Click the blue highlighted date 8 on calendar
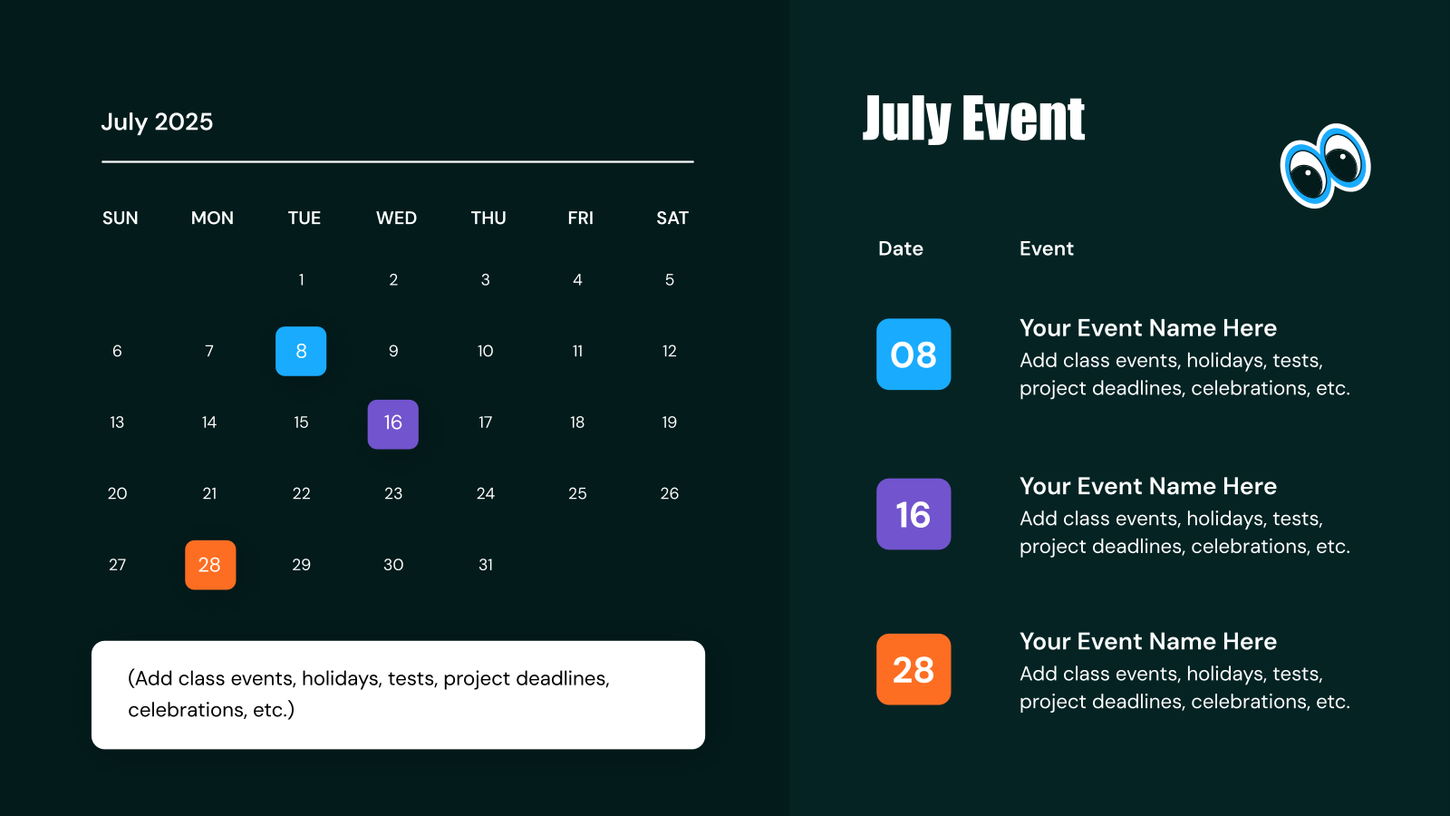click(301, 351)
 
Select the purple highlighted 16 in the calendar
click(392, 423)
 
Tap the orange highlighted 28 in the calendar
click(210, 565)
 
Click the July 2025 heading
click(157, 121)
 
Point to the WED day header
click(396, 218)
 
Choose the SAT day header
click(672, 218)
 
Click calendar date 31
click(486, 565)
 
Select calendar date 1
click(301, 280)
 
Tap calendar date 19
click(669, 423)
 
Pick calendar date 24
click(486, 493)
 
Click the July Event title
click(973, 119)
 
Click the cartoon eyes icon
click(1325, 165)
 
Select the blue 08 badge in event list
click(913, 355)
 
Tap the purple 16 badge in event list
click(913, 514)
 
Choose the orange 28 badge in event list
click(913, 669)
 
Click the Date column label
click(900, 248)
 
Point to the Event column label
click(1046, 248)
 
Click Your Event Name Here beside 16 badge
click(1147, 486)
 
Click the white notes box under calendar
click(398, 695)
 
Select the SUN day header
click(121, 218)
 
